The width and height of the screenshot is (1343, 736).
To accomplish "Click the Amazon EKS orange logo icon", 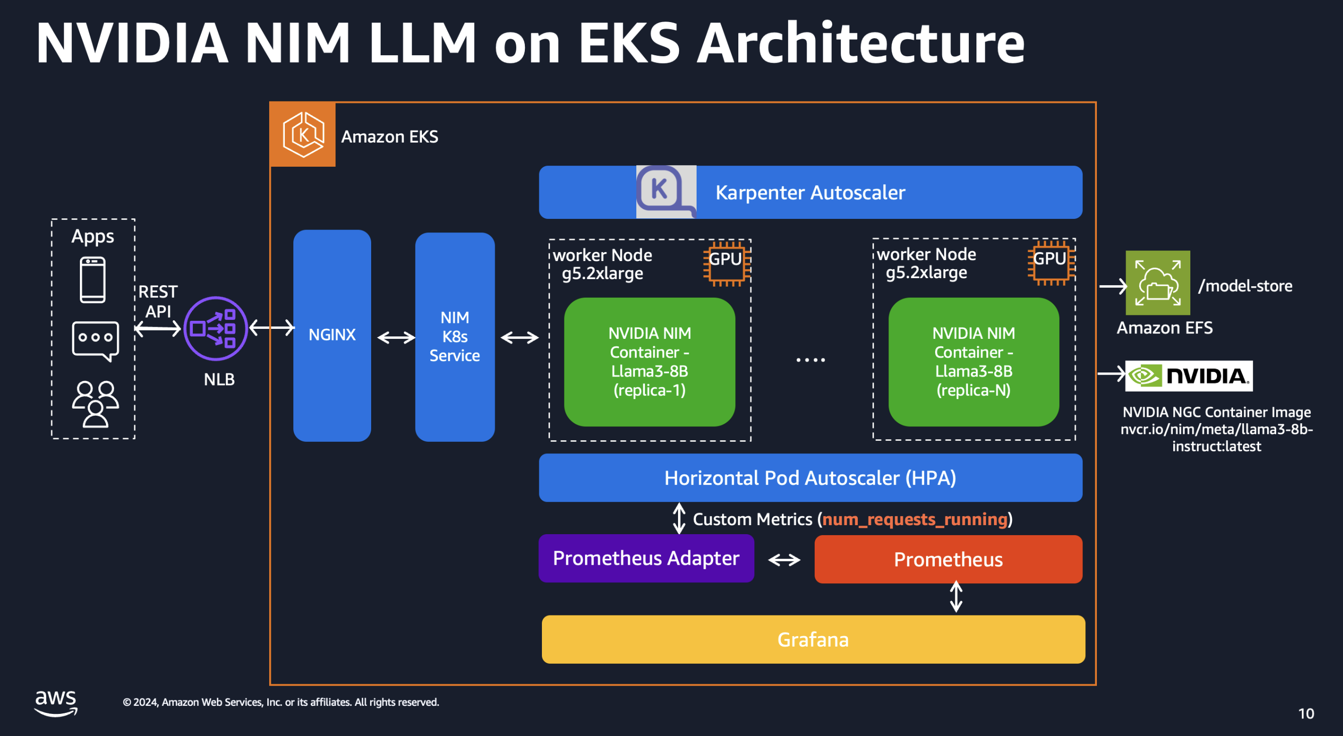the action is (x=302, y=135).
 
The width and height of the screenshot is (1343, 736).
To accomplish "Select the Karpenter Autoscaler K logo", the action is (x=666, y=192).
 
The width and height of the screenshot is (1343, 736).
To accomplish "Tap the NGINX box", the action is (x=332, y=335).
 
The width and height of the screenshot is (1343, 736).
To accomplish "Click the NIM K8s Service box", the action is (x=455, y=337).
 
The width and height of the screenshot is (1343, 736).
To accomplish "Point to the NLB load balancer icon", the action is (x=215, y=328).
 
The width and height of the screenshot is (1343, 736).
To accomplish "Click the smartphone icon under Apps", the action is (x=93, y=280).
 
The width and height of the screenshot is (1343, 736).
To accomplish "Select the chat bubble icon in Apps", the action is (x=95, y=341).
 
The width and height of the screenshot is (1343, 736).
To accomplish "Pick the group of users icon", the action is (x=95, y=404).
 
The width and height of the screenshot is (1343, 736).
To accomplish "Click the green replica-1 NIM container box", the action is (x=649, y=362).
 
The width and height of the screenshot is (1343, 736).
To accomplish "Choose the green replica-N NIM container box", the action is (x=973, y=362).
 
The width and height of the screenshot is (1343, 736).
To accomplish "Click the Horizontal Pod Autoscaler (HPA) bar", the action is (x=810, y=477).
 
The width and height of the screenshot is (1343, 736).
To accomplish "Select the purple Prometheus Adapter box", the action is (x=646, y=558).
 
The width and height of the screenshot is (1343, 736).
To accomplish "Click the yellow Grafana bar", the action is (x=813, y=639).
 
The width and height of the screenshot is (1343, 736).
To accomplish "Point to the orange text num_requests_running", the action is (x=915, y=519).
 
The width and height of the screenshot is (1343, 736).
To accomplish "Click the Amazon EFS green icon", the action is (x=1158, y=283).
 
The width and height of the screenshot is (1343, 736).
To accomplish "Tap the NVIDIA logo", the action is (x=1189, y=376).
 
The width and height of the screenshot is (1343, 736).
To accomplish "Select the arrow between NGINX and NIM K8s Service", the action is (x=396, y=338).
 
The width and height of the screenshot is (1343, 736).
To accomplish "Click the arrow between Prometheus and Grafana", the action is (x=956, y=596).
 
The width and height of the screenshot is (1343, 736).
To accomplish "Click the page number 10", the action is (x=1306, y=713).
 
